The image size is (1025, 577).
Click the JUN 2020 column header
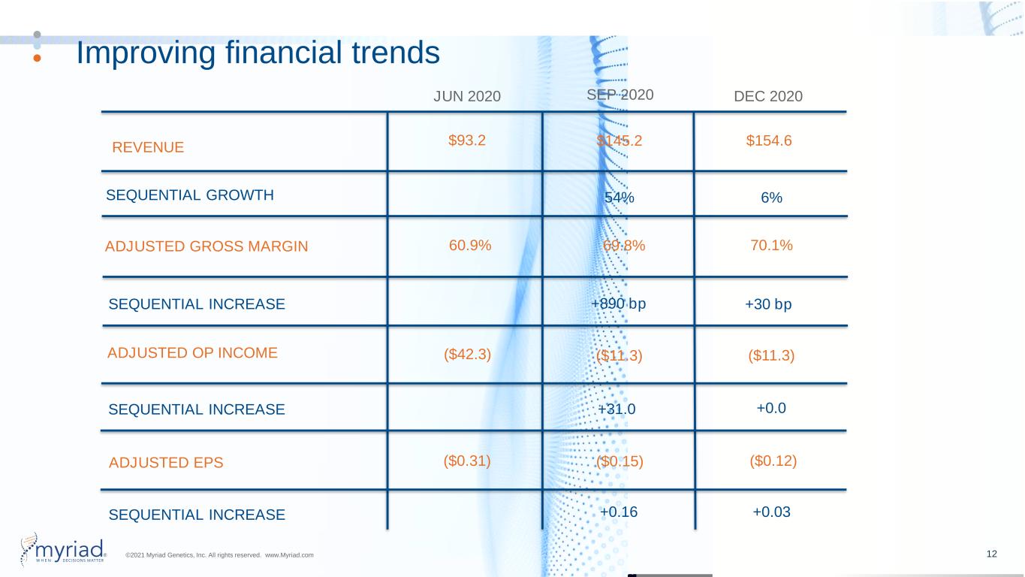pos(467,96)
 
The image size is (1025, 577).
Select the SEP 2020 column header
pos(620,95)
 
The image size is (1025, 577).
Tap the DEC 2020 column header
pos(768,96)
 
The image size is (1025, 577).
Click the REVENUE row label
pos(148,147)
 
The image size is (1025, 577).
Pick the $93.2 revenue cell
pos(467,140)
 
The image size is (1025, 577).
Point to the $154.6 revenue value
pos(769,140)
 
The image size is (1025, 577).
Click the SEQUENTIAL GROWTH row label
pos(190,195)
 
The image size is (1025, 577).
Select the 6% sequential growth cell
pos(771,198)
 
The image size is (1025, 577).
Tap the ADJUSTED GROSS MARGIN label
pos(207,246)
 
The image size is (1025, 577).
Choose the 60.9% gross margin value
pos(470,245)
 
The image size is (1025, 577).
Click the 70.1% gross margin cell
pos(771,245)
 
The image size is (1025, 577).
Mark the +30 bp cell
pos(768,304)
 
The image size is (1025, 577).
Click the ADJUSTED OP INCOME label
pos(192,352)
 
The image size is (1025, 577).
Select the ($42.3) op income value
pos(467,354)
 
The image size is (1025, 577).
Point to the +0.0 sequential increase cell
pos(771,408)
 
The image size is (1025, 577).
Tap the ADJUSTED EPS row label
pos(166,463)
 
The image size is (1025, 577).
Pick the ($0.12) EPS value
pos(773,461)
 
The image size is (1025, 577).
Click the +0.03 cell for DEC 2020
pos(771,512)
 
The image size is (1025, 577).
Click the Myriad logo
pos(63,549)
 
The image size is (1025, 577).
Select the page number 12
pos(992,554)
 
